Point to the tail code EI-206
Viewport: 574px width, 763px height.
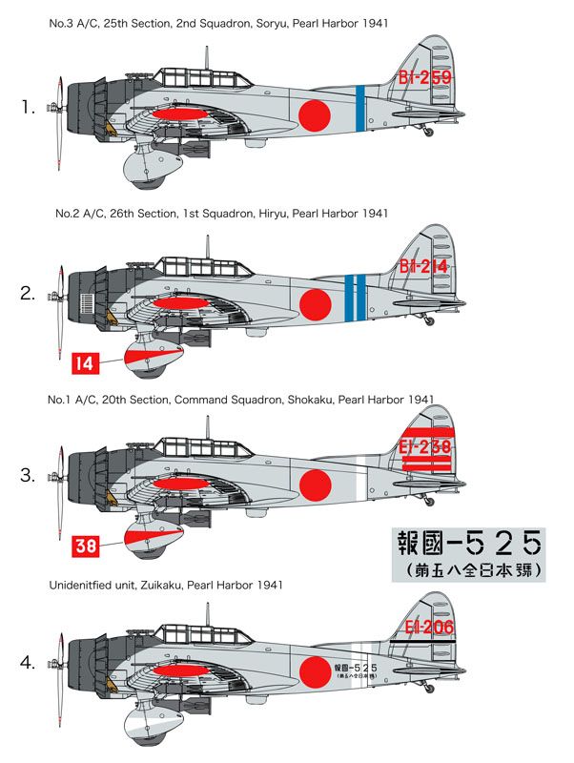(x=426, y=627)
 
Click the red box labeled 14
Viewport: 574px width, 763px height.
(x=84, y=362)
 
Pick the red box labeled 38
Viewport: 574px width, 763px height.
(x=84, y=546)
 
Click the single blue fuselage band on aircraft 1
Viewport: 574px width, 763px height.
(x=359, y=106)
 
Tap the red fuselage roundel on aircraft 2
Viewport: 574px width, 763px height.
(x=315, y=303)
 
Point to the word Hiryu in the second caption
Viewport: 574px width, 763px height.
(x=280, y=215)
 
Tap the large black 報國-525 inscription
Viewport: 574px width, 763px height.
(x=468, y=545)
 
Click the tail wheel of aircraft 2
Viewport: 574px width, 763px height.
(x=427, y=320)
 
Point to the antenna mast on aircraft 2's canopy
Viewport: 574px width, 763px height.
(x=207, y=244)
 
